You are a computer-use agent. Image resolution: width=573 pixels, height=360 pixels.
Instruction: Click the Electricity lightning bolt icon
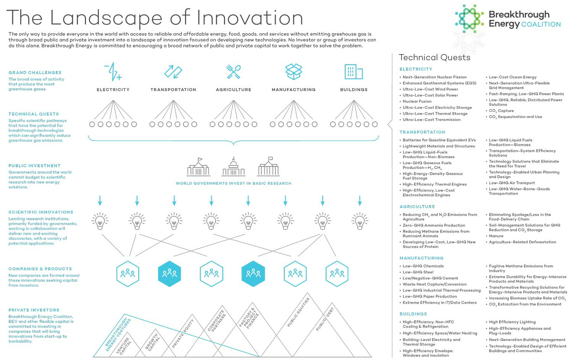[x=113, y=72]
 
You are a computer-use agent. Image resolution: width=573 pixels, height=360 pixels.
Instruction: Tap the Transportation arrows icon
[x=173, y=72]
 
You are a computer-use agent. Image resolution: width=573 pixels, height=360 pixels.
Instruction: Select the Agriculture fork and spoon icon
[x=233, y=72]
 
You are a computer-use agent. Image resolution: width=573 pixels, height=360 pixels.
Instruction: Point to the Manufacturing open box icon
[x=294, y=72]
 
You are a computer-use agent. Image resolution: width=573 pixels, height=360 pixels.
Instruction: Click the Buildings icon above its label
[x=354, y=72]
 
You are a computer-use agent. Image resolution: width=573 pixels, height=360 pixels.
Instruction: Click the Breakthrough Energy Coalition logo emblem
[x=469, y=18]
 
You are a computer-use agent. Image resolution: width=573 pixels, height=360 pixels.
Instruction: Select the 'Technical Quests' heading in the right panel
[x=435, y=58]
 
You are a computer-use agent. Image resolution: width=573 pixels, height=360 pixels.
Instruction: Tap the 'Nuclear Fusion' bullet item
[x=417, y=101]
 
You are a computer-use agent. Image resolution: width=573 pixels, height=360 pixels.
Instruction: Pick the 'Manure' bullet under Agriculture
[x=496, y=236]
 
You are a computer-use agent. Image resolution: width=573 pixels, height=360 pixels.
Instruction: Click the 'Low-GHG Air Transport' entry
[x=511, y=183]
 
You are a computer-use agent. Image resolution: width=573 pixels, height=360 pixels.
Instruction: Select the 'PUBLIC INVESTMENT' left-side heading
[x=34, y=166]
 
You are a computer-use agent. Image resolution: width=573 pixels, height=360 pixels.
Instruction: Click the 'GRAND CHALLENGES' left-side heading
[x=35, y=73]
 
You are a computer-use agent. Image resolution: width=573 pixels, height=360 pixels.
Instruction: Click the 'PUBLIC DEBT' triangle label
[x=325, y=319]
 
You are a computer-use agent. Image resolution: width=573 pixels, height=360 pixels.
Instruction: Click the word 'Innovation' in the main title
[x=250, y=18]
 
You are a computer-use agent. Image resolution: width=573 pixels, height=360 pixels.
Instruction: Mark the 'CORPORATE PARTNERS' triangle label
[x=217, y=321]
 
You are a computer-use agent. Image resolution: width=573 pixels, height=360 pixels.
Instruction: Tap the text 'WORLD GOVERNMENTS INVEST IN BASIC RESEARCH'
[x=233, y=183]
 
